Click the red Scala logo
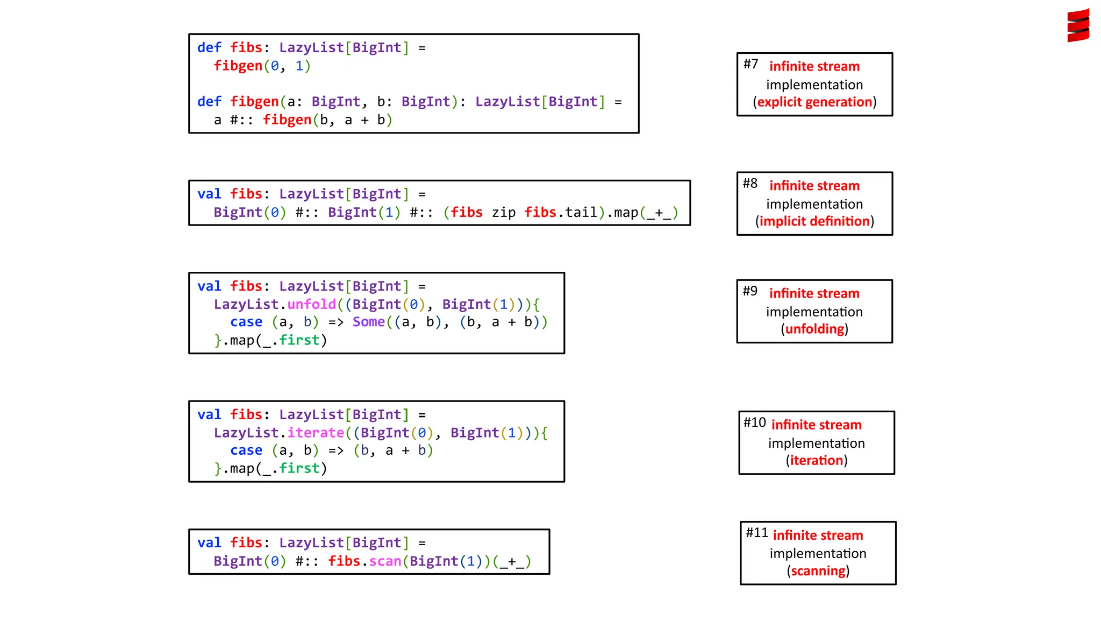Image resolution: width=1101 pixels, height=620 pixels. pos(1078,25)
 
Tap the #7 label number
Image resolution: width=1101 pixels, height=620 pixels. pos(750,64)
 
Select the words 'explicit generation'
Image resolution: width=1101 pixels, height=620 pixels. pos(814,102)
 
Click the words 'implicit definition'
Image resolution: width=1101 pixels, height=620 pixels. pos(814,221)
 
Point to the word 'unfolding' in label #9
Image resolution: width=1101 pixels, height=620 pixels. pos(814,329)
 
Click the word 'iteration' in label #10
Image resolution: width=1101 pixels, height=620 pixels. pos(816,460)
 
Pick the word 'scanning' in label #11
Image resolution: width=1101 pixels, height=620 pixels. pos(818,570)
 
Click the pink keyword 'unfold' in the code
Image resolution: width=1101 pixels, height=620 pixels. pos(311,304)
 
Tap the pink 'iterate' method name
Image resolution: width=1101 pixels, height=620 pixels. pos(316,433)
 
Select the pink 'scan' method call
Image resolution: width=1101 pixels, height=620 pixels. pos(385,561)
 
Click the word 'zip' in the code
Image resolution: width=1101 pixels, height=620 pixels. pos(504,212)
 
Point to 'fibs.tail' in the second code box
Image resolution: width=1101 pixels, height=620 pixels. pos(560,212)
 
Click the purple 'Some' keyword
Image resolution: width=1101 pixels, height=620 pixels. pos(368,322)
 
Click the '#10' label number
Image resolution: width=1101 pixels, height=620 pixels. pos(754,422)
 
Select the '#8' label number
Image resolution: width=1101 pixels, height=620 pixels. pos(750,184)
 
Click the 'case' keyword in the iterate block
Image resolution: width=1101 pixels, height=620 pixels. pos(246,450)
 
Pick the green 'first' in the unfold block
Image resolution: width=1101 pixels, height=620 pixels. pos(299,340)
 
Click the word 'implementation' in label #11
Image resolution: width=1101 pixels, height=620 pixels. pos(818,553)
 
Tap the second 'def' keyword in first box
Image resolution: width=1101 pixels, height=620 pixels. pos(209,102)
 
